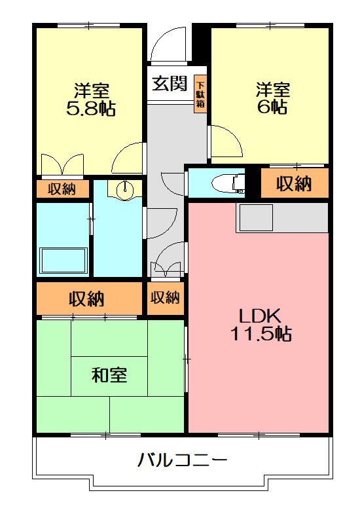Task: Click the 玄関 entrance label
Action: point(170,84)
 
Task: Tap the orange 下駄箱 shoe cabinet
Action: point(200,94)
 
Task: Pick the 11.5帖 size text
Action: point(260,335)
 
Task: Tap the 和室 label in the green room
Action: point(109,375)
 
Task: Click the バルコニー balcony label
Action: point(183,460)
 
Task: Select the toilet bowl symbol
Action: point(229,183)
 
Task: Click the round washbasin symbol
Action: point(125,189)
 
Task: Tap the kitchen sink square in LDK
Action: point(255,218)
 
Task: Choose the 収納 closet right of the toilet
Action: point(293,184)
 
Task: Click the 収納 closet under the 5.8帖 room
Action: point(62,189)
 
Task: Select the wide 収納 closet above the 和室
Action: point(87,299)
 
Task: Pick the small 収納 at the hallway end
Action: point(165,297)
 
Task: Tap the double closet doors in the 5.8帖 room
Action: point(62,166)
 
